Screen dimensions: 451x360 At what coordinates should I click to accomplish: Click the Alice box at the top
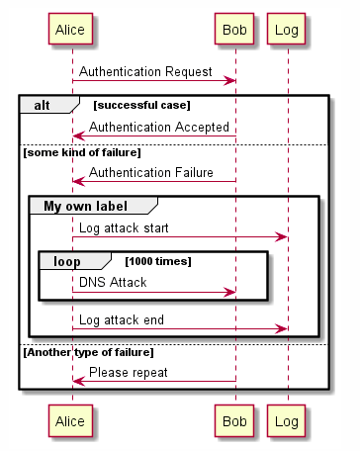[x=71, y=30]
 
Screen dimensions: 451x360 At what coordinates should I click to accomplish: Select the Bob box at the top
[x=234, y=30]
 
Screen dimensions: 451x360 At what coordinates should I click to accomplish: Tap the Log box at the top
[x=287, y=30]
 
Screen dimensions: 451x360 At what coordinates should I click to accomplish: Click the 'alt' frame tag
[x=44, y=104]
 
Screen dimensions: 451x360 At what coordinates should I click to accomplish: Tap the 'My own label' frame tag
[x=87, y=205]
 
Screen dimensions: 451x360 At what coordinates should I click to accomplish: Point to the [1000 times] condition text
[x=157, y=261]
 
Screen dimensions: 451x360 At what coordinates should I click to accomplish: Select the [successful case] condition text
[x=141, y=104]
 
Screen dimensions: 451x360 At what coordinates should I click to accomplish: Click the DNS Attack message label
[x=113, y=283]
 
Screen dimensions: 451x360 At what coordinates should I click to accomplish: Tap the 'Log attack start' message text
[x=124, y=228]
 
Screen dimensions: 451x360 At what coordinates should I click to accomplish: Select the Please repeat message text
[x=128, y=373]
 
